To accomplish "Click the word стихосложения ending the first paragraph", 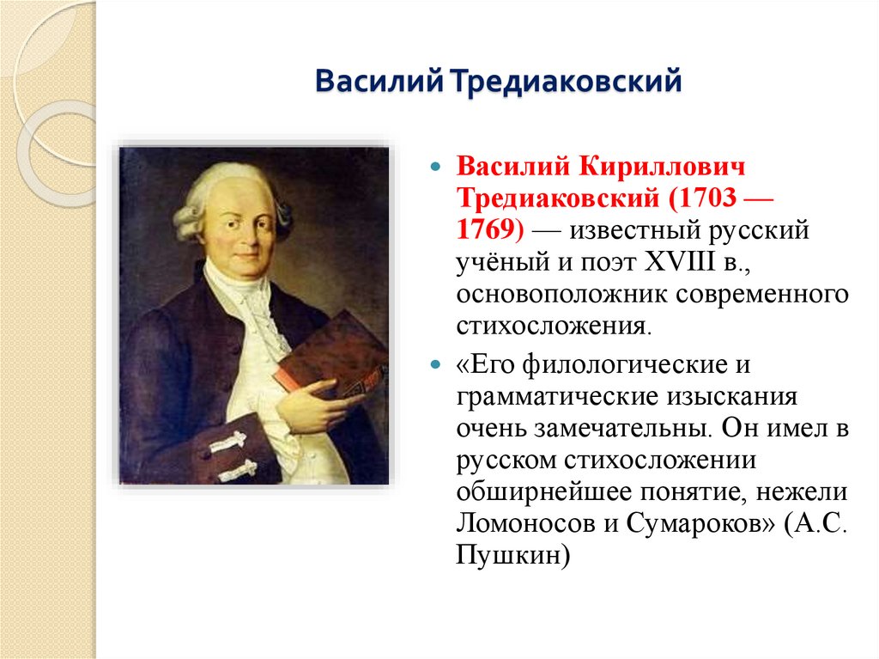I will pyautogui.click(x=552, y=327).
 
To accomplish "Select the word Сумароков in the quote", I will pyautogui.click(x=694, y=523).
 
